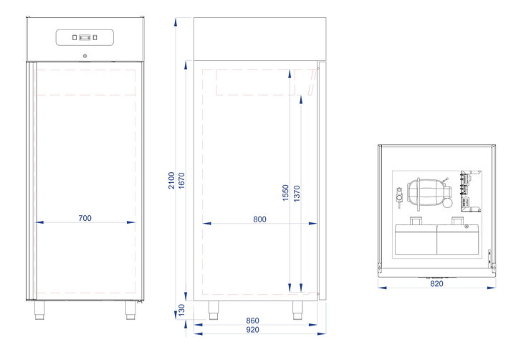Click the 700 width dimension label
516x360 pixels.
click(x=85, y=218)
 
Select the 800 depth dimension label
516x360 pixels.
click(x=259, y=219)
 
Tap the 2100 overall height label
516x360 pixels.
click(x=171, y=181)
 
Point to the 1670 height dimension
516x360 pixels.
click(x=181, y=181)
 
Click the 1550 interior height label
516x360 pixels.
click(x=286, y=193)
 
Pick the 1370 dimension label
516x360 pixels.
click(x=297, y=194)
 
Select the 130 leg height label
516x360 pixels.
click(x=181, y=311)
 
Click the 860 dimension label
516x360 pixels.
click(x=252, y=321)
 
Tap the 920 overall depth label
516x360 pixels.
click(x=252, y=330)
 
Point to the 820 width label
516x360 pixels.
click(x=436, y=283)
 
